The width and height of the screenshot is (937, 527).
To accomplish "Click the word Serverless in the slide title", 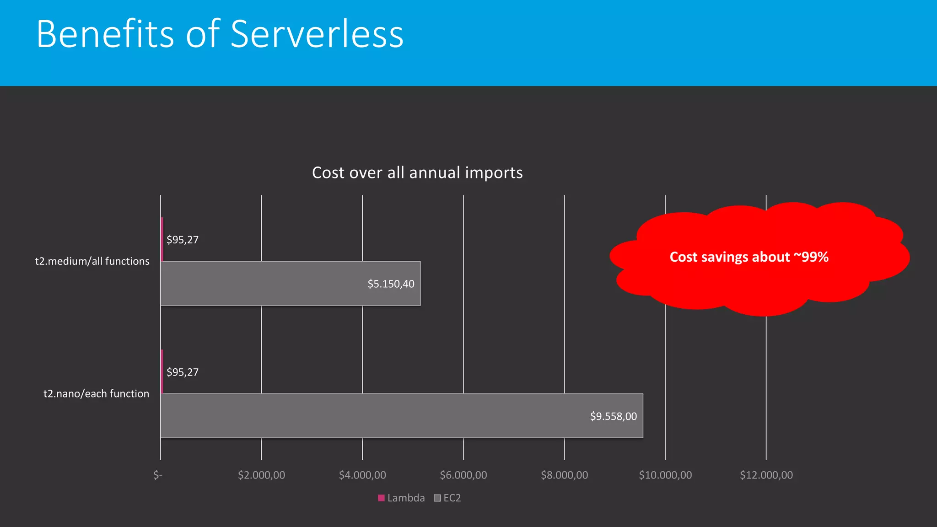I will [317, 34].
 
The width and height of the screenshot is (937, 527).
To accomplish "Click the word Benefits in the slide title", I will [105, 34].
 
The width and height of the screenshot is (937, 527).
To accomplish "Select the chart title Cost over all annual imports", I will [417, 173].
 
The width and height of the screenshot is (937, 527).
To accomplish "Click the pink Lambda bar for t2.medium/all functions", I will [162, 239].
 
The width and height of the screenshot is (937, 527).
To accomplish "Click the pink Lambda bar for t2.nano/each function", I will [162, 371].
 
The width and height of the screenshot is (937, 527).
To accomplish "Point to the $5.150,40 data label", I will [391, 284].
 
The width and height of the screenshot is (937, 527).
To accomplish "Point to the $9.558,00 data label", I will [613, 416].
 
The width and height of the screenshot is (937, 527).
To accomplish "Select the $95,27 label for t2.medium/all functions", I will [183, 240].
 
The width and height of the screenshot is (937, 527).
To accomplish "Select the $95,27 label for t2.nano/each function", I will [183, 372].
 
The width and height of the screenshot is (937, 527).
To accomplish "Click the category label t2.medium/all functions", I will [92, 261].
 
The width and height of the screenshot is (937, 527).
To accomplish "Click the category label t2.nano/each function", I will [96, 393].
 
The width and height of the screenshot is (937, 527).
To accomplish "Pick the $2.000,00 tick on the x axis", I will [261, 475].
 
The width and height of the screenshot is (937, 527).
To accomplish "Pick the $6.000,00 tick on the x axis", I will [463, 475].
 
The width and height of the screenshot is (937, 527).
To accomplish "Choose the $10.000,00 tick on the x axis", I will [665, 475].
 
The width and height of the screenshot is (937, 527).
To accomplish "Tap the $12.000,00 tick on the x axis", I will [766, 475].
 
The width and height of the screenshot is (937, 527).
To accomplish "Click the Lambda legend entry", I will [401, 498].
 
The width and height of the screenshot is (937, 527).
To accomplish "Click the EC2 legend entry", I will [447, 498].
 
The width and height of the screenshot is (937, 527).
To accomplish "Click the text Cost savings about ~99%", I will [749, 257].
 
